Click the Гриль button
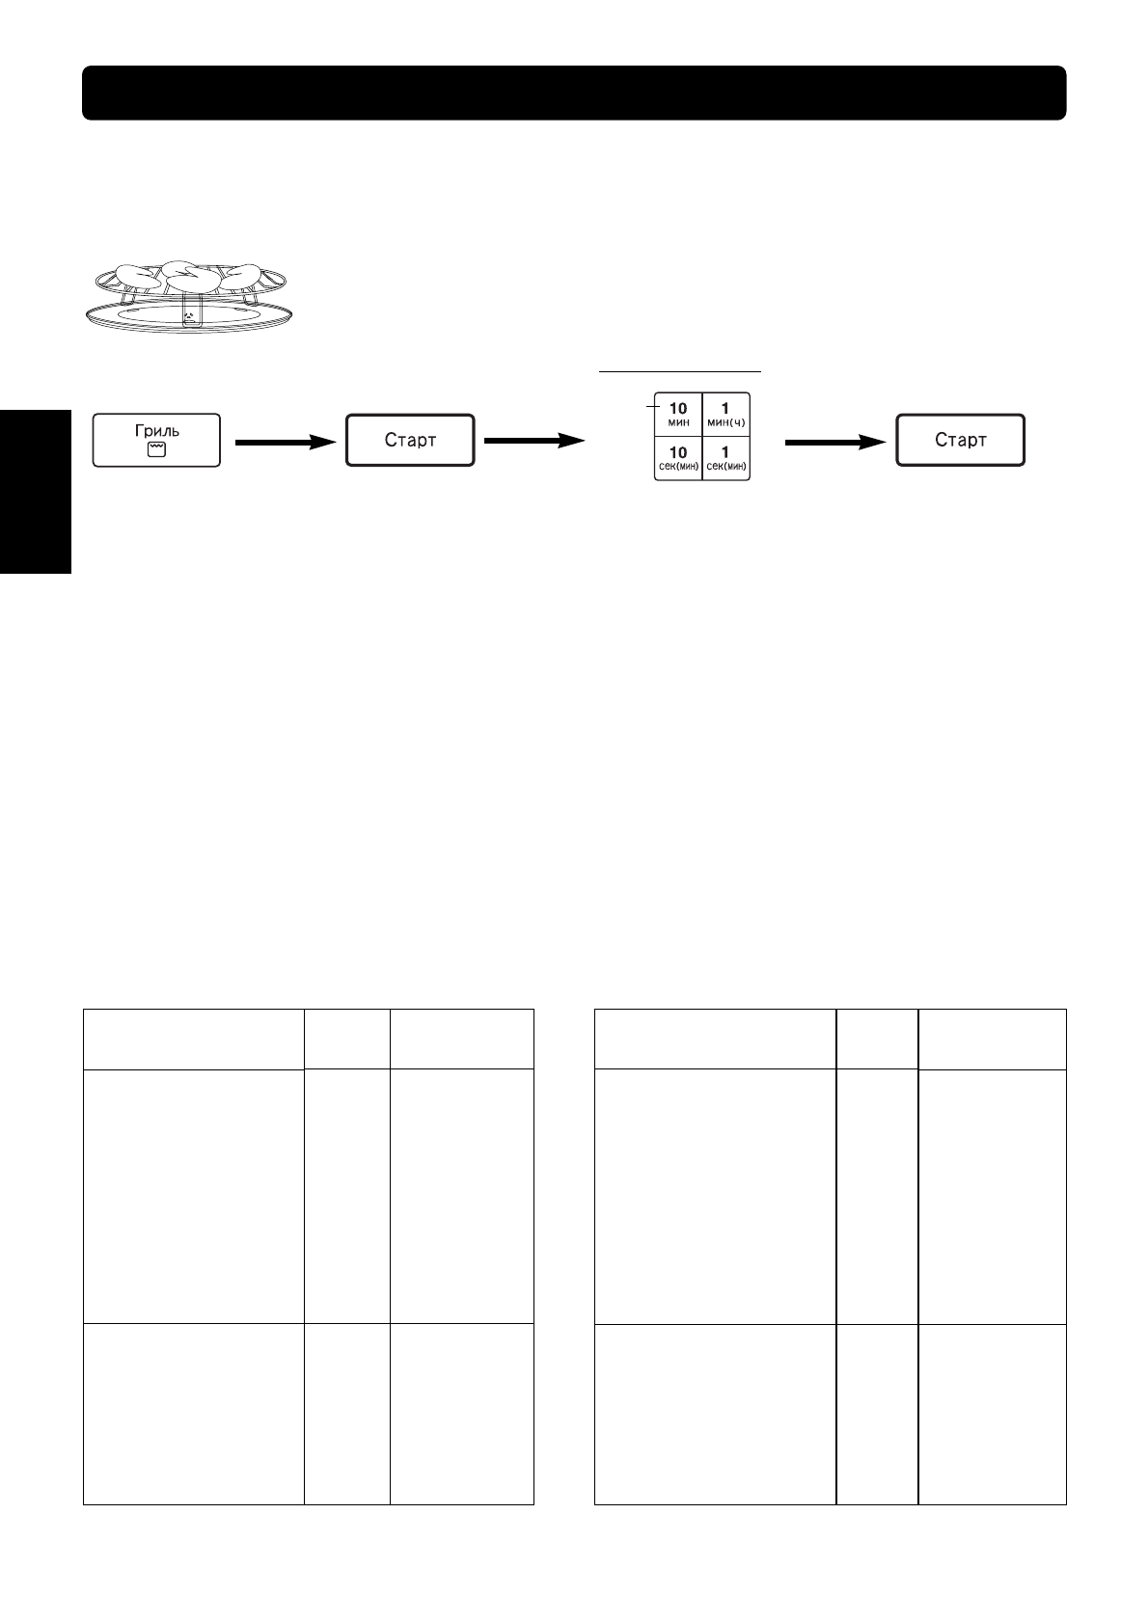(156, 441)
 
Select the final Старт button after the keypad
(960, 441)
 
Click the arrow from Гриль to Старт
(284, 442)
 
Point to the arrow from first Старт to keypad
(534, 441)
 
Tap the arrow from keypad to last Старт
(835, 442)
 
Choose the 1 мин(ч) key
(725, 415)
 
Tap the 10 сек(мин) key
(678, 458)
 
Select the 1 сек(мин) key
(725, 458)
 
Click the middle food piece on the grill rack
(191, 277)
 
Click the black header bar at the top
(573, 93)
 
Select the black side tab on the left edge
(36, 492)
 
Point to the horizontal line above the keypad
(681, 368)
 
